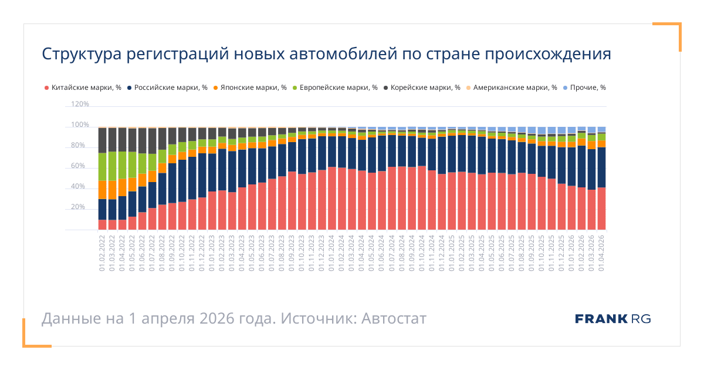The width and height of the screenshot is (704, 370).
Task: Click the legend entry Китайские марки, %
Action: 82,88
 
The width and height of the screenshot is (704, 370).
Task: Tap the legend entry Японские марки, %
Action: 249,88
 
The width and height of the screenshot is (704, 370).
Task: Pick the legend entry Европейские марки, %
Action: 334,88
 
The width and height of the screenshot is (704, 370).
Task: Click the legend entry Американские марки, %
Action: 510,88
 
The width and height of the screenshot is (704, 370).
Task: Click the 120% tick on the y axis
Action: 80,104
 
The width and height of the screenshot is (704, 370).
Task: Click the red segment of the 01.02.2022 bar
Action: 102,224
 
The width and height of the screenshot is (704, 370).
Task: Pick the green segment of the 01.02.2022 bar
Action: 102,167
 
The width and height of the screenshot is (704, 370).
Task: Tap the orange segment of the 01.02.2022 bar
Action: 102,190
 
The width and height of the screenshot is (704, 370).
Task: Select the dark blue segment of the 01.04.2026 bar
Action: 601,167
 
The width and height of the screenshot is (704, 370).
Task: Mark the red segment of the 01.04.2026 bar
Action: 601,208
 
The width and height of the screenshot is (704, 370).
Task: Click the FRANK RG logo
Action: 612,319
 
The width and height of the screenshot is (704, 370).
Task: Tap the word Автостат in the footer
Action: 394,319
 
